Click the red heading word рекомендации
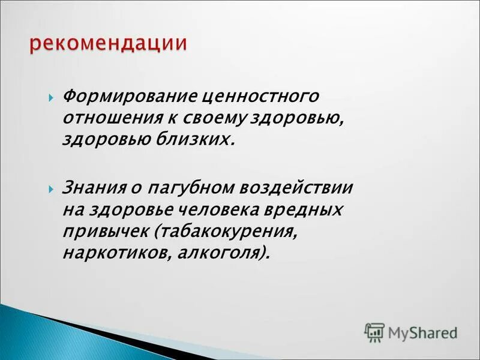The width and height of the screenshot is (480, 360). point(108,44)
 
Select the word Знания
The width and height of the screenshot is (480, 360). point(94,188)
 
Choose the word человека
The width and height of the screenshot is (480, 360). point(221,209)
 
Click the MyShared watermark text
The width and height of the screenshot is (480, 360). point(422,332)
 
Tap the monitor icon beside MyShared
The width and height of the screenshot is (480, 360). point(374,332)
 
